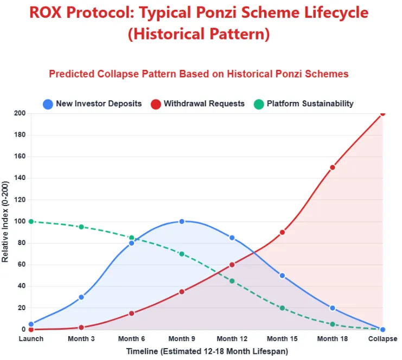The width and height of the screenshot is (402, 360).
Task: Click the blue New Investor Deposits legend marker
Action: (48, 104)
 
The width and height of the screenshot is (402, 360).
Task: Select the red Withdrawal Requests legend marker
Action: (156, 104)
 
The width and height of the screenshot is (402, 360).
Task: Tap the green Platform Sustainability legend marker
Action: (259, 104)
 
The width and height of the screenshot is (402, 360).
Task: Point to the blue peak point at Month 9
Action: (182, 221)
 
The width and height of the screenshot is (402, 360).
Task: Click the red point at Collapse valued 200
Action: (382, 113)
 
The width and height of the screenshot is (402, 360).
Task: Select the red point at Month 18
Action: (332, 167)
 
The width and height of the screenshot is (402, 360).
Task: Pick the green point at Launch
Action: (31, 221)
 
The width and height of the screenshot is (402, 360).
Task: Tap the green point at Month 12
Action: (232, 281)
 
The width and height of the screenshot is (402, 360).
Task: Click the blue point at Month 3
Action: (81, 297)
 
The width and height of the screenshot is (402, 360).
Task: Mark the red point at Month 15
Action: (282, 232)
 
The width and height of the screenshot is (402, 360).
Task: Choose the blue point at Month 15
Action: (282, 275)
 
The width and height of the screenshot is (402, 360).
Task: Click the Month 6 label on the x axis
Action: (132, 339)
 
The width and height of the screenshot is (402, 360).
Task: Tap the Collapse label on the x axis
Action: (382, 339)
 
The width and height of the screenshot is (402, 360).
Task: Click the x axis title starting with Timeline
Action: (207, 351)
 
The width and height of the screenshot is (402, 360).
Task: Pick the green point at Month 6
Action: (132, 237)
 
